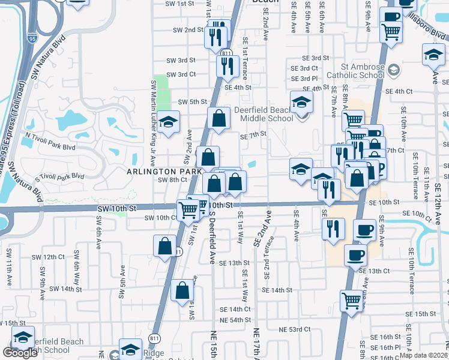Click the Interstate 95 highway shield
31,38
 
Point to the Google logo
20,353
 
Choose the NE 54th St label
231,320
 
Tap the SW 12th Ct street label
49,257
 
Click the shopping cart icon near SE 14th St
352,300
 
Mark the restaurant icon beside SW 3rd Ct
228,66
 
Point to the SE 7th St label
253,135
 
